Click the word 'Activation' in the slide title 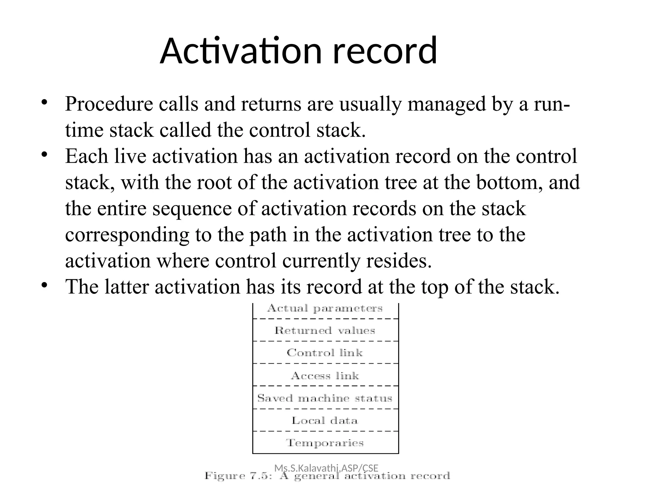point(241,51)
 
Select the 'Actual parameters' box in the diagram point(325,309)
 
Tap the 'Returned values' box point(325,330)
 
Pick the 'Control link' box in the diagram point(325,353)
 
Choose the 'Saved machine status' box point(325,398)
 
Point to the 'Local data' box point(325,420)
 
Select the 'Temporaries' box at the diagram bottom point(325,443)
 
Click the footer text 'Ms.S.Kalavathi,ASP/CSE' point(326,468)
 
